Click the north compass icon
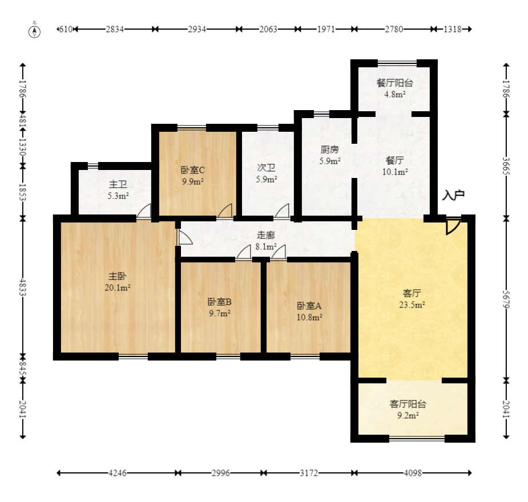(x=34, y=31)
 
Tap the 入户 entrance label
(x=453, y=195)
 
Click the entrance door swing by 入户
(x=453, y=226)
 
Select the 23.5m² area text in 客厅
(x=412, y=305)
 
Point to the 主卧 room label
(x=117, y=276)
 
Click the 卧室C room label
(x=192, y=170)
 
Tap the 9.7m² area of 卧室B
(x=220, y=314)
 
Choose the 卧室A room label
(x=309, y=306)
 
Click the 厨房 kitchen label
(x=329, y=149)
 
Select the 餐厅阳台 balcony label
(x=394, y=83)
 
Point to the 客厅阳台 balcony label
(x=408, y=404)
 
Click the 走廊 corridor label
(x=265, y=235)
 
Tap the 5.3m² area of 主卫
(x=118, y=196)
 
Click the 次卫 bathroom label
(x=266, y=168)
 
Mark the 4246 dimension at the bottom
(x=118, y=473)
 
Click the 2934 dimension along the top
(x=197, y=29)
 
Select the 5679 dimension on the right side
(x=506, y=299)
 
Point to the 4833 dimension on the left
(x=23, y=287)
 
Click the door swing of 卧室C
(x=225, y=210)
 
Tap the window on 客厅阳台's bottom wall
(x=417, y=439)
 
